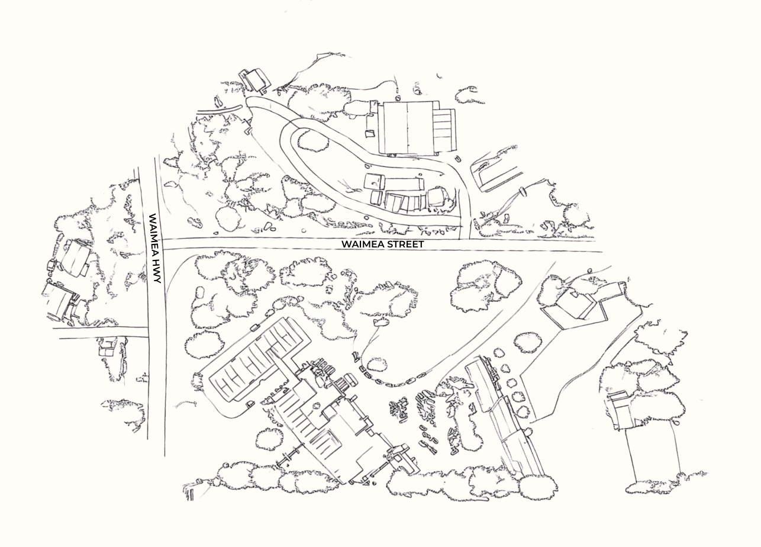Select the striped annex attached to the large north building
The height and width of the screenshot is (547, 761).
[445, 130]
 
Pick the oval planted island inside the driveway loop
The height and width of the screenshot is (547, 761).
[313, 141]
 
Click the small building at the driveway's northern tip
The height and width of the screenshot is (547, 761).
[256, 81]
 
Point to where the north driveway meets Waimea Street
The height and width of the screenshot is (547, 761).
[465, 239]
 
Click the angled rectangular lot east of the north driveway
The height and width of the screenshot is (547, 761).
[496, 175]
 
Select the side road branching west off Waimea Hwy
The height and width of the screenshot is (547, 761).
[101, 333]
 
